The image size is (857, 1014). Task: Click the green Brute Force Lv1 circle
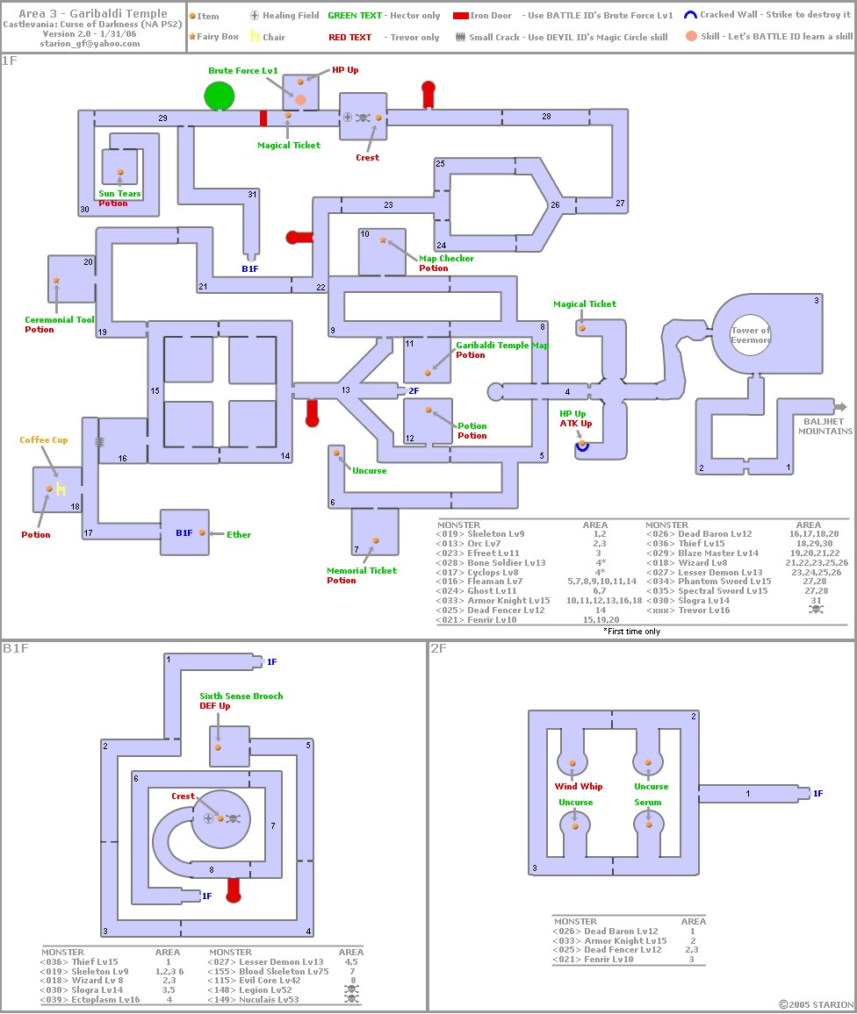click(220, 96)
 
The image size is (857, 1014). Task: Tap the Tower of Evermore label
click(751, 335)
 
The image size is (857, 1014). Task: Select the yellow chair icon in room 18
click(61, 489)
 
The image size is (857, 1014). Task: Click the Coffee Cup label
click(43, 439)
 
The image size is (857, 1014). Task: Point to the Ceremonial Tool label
click(60, 319)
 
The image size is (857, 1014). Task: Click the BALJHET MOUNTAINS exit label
click(825, 426)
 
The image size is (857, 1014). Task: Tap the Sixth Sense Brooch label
click(241, 696)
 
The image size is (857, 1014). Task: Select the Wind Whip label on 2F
click(578, 786)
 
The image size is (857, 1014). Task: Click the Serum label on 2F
click(648, 802)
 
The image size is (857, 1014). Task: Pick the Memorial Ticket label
click(362, 570)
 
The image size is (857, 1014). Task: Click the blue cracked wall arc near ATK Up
click(582, 446)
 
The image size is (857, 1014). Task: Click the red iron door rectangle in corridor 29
click(263, 118)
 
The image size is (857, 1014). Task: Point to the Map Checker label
click(446, 258)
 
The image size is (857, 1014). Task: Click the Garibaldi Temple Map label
click(501, 346)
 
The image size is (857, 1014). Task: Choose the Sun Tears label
click(119, 193)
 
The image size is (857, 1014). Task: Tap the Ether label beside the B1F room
click(239, 534)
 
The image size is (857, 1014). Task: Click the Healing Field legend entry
click(284, 16)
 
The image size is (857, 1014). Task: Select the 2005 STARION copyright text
click(817, 1004)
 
